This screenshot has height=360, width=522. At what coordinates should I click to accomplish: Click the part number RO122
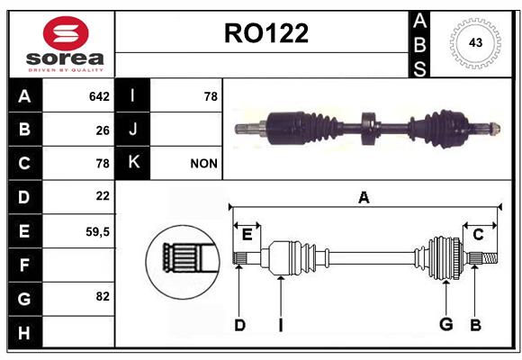[266, 33]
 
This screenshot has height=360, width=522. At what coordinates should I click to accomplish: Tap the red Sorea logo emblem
[66, 33]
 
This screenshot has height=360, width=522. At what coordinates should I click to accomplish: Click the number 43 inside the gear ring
[475, 42]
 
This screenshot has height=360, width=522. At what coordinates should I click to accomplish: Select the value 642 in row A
[99, 96]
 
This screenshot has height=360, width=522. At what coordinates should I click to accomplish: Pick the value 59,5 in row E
[97, 232]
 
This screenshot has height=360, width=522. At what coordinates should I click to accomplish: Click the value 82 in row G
[103, 296]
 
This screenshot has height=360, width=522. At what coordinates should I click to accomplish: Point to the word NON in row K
[203, 164]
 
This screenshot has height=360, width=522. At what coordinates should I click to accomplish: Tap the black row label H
[24, 333]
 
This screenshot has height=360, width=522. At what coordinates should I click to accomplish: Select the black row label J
[132, 129]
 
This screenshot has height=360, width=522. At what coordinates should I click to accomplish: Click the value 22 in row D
[103, 196]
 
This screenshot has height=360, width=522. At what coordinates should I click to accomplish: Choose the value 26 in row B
[103, 130]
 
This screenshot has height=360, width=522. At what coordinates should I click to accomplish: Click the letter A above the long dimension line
[364, 197]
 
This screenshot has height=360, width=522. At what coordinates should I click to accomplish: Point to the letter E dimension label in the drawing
[247, 235]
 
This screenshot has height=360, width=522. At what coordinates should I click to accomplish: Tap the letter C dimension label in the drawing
[478, 235]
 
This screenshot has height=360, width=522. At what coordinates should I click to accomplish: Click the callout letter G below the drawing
[445, 324]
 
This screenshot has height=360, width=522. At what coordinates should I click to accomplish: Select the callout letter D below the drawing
[239, 325]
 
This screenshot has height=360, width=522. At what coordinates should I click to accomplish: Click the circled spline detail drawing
[183, 262]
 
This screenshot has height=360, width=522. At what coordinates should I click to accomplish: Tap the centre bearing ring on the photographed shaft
[369, 129]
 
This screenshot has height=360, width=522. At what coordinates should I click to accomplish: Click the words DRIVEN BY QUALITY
[66, 70]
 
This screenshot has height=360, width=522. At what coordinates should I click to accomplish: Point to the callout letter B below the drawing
[475, 325]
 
